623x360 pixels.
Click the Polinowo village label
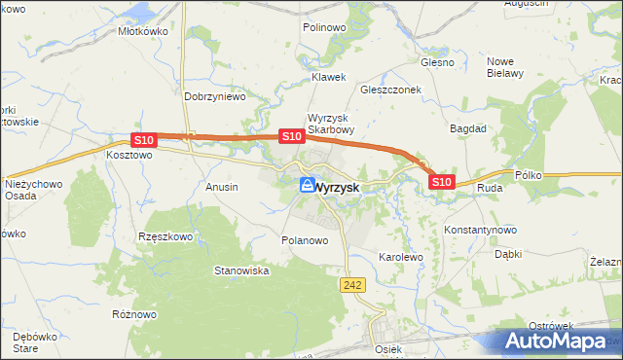tap(324, 27)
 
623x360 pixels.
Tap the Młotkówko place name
tap(144, 30)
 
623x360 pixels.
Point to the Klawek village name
tap(328, 76)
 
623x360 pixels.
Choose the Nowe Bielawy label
tap(505, 66)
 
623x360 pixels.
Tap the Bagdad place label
tap(467, 127)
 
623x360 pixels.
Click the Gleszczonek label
tap(389, 87)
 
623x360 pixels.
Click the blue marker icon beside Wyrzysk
tap(308, 184)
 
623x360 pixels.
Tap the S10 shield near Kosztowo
tap(143, 141)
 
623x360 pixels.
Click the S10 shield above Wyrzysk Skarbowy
tap(290, 137)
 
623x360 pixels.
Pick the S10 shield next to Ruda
tap(442, 182)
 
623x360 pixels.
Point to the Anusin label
tap(222, 186)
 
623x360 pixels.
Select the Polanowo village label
tap(304, 240)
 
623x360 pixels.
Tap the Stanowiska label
tap(241, 270)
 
